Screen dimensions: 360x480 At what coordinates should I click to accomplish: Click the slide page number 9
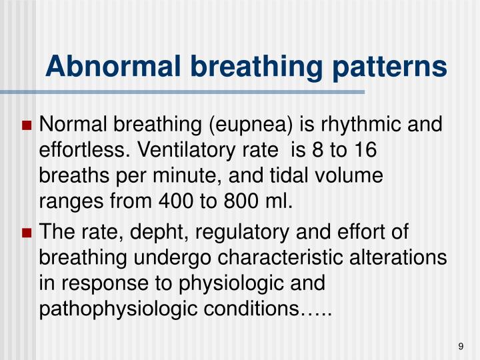(x=461, y=345)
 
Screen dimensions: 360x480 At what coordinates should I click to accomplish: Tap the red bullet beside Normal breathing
(x=27, y=125)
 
